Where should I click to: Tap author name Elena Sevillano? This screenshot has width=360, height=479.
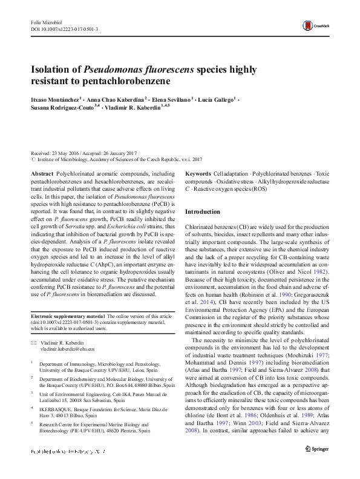[x=170, y=97]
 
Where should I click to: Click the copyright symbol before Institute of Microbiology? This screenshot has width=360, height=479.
[x=33, y=160]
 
